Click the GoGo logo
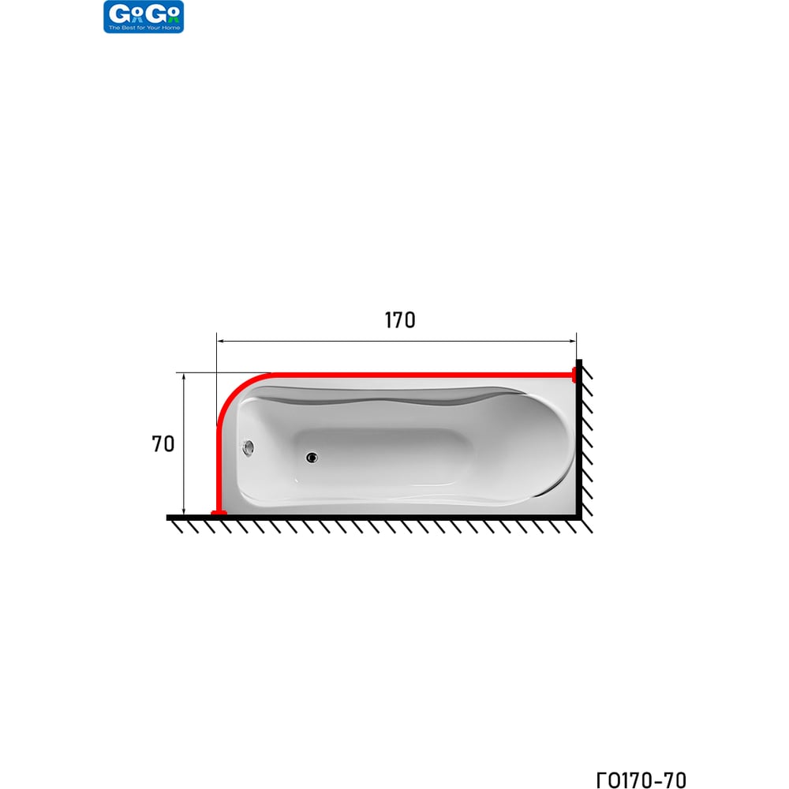point(144,17)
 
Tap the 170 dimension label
point(400,320)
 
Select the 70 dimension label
point(163,443)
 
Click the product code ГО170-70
point(641,780)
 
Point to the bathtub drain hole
point(312,458)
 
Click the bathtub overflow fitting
point(248,447)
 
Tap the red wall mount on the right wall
point(574,375)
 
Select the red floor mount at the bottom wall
point(219,513)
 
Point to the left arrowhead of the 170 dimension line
point(220,341)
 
